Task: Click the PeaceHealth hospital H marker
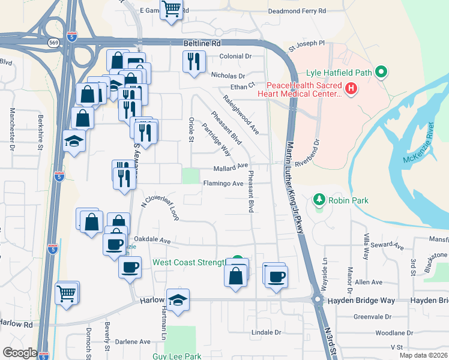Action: [351, 90]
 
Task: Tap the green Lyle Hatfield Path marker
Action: [381, 73]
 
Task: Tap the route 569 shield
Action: [53, 43]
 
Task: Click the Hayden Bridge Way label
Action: [365, 299]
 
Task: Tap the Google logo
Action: [20, 353]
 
